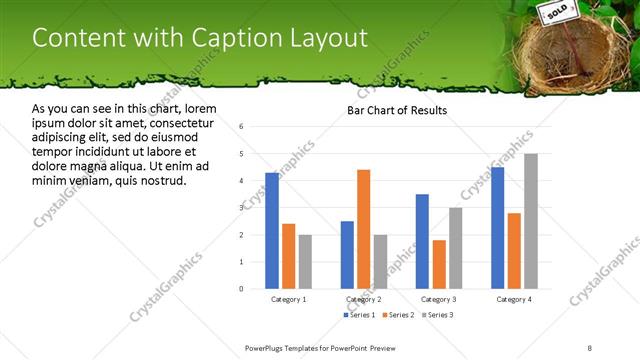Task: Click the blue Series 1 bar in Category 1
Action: [272, 230]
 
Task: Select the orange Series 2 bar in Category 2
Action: [363, 229]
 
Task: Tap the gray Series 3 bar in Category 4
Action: [531, 221]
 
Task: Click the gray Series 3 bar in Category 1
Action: [305, 261]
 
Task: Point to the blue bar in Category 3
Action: [422, 241]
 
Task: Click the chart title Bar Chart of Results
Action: [397, 110]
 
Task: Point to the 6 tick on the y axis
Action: [242, 127]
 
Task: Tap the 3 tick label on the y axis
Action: [242, 208]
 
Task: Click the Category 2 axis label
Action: [364, 299]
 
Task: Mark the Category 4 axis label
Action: [514, 299]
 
